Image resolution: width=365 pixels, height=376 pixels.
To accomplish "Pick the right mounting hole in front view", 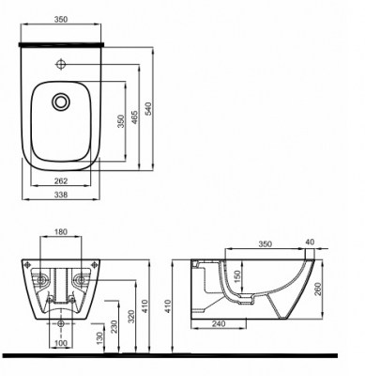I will point(80,280).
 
